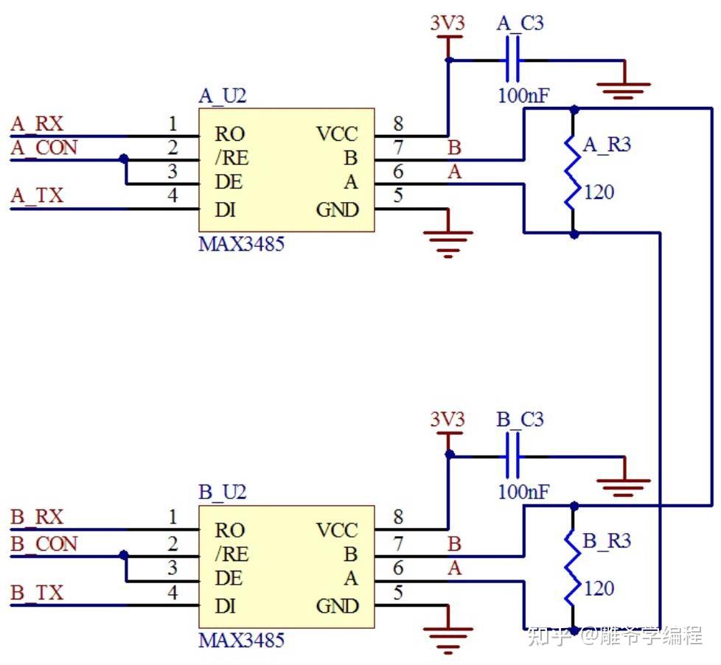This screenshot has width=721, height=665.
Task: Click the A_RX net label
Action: (37, 124)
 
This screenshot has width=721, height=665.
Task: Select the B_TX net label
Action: (37, 593)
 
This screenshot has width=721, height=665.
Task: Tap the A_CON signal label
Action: (43, 148)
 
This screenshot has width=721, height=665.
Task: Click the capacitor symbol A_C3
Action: (513, 60)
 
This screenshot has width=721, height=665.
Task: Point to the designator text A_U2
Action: (222, 97)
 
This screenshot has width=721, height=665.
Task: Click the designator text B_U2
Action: (222, 492)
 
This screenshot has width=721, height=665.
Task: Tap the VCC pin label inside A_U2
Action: (336, 134)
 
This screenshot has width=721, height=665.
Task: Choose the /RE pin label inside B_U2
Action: (231, 554)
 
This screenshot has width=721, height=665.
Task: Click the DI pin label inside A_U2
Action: (226, 210)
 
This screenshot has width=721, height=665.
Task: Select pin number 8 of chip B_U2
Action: (398, 518)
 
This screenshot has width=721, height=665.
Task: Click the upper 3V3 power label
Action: (447, 24)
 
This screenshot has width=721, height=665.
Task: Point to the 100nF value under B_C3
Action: (523, 492)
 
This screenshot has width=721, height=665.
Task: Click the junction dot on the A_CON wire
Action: (123, 159)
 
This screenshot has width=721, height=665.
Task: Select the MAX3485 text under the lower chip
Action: (241, 640)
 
